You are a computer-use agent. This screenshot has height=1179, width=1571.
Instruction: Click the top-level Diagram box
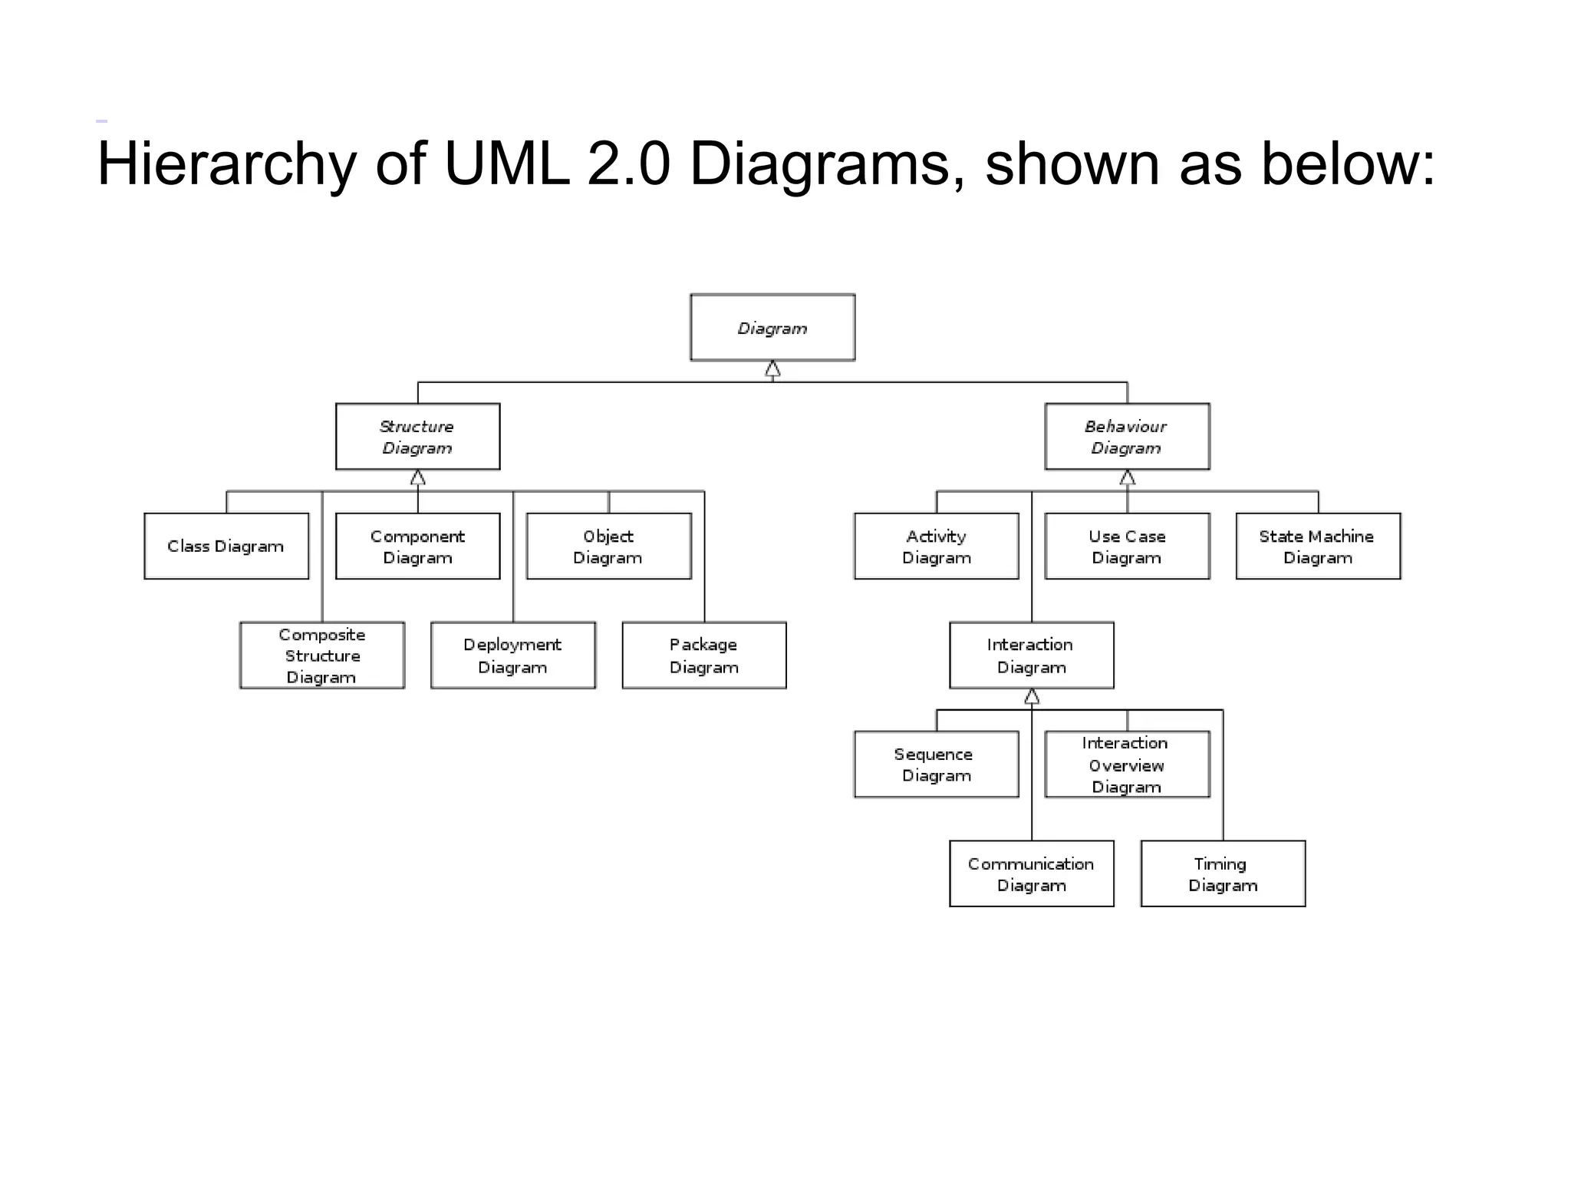772,328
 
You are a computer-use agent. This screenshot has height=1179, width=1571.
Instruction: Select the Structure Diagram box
417,437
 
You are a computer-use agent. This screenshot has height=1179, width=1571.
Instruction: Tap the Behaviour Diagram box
1127,437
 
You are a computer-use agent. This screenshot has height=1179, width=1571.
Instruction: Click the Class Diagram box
226,546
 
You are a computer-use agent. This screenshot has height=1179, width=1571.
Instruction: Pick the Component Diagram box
417,546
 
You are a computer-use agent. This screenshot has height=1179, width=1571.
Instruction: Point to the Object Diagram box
608,546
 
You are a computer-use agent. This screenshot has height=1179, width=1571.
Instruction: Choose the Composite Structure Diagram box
321,656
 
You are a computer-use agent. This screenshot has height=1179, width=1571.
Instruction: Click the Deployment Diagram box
512,656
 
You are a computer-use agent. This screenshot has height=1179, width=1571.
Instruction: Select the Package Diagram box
703,656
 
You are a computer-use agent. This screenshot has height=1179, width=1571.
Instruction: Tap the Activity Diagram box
936,546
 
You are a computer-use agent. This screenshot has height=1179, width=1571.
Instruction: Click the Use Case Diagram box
1127,546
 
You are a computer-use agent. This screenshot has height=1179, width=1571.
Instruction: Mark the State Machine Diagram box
1318,546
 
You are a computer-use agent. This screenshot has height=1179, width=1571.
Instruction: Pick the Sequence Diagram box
936,765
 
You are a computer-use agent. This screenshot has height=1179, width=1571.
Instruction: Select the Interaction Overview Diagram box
1127,765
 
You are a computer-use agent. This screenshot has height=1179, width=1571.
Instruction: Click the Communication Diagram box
1031,874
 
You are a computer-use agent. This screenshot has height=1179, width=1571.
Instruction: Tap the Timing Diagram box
1223,874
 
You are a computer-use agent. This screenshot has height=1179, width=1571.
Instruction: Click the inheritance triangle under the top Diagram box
772,370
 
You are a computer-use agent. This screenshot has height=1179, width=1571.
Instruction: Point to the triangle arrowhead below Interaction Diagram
1032,697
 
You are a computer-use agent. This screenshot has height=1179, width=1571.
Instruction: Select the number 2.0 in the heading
629,164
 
